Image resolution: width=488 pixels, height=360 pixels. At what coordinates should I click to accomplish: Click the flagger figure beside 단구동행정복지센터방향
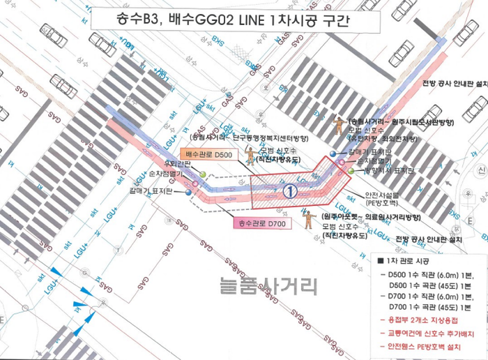point(250,154)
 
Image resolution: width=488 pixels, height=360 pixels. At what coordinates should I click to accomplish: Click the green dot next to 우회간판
point(202,173)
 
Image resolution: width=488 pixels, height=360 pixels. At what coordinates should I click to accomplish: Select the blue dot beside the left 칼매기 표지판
point(188,192)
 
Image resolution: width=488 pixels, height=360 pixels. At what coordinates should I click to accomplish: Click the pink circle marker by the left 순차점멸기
point(196,184)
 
